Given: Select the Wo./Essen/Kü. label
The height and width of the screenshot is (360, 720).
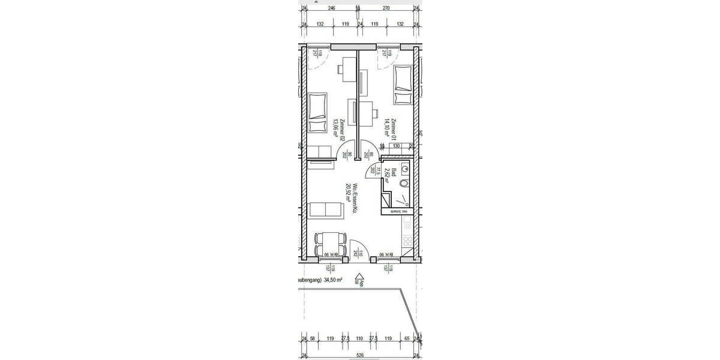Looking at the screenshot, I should point(351,199).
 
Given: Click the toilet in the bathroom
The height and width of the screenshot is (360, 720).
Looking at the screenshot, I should point(404,184).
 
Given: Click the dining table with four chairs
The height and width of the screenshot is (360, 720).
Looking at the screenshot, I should point(331,244).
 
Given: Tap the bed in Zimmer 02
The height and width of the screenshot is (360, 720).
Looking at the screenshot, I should point(317,113).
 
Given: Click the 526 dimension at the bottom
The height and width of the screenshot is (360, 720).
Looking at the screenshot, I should point(360,354).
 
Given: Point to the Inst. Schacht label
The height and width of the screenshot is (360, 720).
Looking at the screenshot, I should point(400,211).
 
